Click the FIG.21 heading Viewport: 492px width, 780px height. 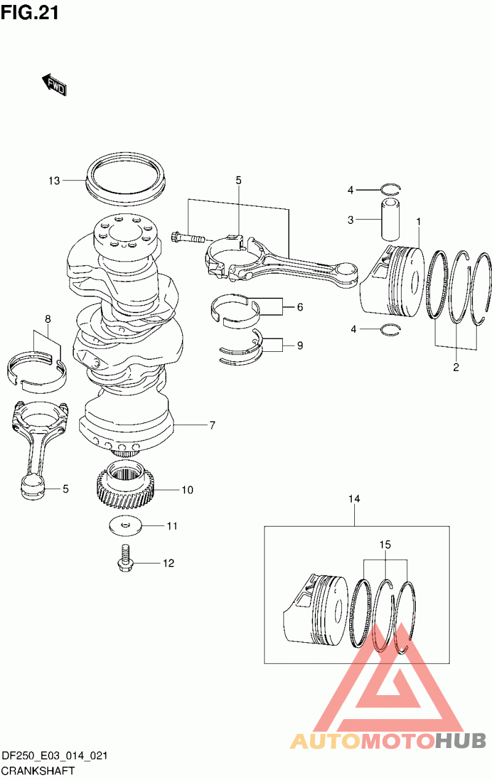pyautogui.click(x=30, y=14)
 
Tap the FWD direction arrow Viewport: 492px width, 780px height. pyautogui.click(x=54, y=84)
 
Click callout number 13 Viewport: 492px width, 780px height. pyautogui.click(x=54, y=181)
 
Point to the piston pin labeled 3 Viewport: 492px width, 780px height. pyautogui.click(x=391, y=220)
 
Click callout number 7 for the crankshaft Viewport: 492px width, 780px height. pyautogui.click(x=212, y=425)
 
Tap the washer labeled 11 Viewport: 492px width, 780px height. pyautogui.click(x=125, y=525)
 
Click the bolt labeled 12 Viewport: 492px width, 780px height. pyautogui.click(x=125, y=559)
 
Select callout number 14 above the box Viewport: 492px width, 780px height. pyautogui.click(x=354, y=499)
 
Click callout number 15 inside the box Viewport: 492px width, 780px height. pyautogui.click(x=385, y=544)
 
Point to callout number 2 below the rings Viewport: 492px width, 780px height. pyautogui.click(x=456, y=367)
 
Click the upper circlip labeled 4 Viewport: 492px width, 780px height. pyautogui.click(x=391, y=189)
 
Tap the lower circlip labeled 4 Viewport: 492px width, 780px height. pyautogui.click(x=391, y=329)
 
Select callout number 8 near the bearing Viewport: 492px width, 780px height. pyautogui.click(x=48, y=319)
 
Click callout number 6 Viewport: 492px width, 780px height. pyautogui.click(x=300, y=307)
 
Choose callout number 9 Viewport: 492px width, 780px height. pyautogui.click(x=300, y=346)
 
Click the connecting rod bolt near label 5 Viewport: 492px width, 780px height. pyautogui.click(x=188, y=238)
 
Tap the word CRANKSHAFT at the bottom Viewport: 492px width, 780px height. pyautogui.click(x=38, y=771)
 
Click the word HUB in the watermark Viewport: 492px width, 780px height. pyautogui.click(x=460, y=741)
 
